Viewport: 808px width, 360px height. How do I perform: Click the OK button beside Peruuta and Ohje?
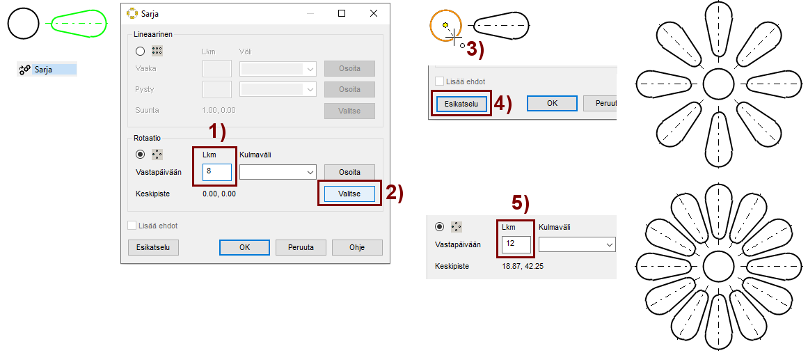(x=244, y=248)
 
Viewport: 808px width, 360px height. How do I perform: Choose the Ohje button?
(x=357, y=248)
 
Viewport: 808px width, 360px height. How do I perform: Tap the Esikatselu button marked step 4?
(x=461, y=104)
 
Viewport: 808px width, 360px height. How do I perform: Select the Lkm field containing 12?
(x=516, y=244)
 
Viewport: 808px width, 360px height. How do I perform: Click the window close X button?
(x=374, y=14)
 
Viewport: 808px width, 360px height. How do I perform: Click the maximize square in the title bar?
(x=342, y=14)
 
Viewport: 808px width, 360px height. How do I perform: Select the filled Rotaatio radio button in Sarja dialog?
(x=140, y=154)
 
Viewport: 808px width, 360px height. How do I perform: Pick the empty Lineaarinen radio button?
(x=140, y=51)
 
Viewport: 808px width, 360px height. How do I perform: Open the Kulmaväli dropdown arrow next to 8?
(x=310, y=172)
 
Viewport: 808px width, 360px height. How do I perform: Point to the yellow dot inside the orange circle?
(x=445, y=24)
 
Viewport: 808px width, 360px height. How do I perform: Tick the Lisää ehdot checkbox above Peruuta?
(x=132, y=226)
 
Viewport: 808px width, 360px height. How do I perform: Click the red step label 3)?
(x=475, y=50)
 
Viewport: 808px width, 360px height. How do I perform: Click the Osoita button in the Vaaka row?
(x=349, y=69)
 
